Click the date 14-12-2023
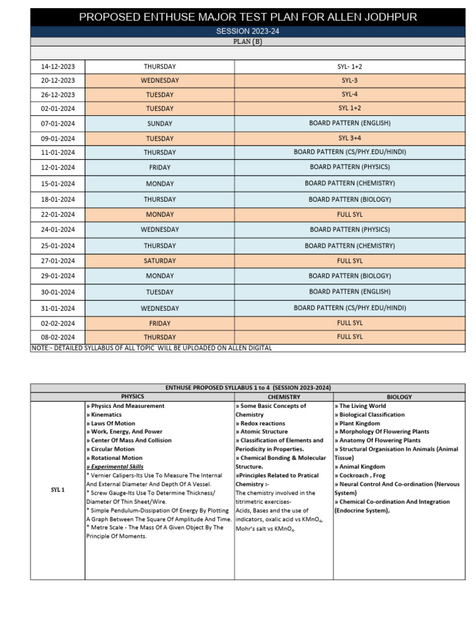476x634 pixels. [x=58, y=66]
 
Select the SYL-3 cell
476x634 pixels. [x=350, y=80]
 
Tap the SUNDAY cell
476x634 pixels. [x=160, y=123]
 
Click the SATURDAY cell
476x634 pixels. [x=160, y=261]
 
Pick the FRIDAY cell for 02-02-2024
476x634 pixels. [x=160, y=323]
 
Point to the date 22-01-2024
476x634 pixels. [x=58, y=214]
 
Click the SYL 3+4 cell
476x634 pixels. [x=350, y=138]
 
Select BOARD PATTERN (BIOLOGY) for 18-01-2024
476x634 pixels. [x=350, y=199]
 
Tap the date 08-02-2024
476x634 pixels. [x=58, y=337]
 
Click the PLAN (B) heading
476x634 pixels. [x=247, y=42]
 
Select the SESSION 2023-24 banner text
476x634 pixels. [x=247, y=32]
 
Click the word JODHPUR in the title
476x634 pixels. [x=388, y=17]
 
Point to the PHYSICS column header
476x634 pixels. [x=132, y=396]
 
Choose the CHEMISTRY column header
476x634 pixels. [x=284, y=396]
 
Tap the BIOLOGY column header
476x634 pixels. [x=399, y=396]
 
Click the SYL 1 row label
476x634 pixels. [x=58, y=490]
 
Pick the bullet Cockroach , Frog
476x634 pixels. [x=360, y=475]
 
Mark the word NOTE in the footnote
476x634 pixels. [x=40, y=348]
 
